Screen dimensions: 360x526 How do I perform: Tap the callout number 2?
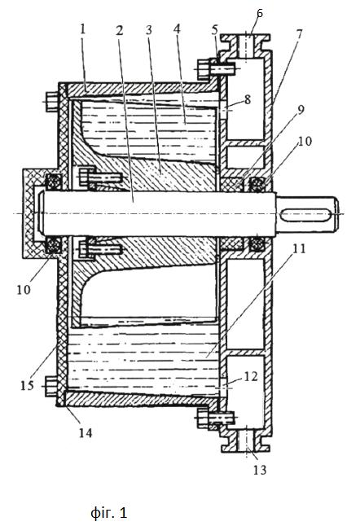pos(120,30)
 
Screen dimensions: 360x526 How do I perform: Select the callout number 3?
pos(149,30)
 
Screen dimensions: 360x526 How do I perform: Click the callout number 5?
pos(215,30)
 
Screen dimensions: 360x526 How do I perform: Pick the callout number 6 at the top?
pos(260,13)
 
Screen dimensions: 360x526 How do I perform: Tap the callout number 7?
pos(299,34)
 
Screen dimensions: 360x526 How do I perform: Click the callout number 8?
pos(248,99)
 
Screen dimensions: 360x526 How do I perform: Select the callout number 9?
pos(301,109)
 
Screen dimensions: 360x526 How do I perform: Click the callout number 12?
pos(251,376)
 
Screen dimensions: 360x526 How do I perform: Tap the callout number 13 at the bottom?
pos(260,470)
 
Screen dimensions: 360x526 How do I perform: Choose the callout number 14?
pos(86,432)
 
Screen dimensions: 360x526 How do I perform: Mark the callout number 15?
pos(27,385)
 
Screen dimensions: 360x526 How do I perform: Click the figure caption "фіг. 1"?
pos(109,513)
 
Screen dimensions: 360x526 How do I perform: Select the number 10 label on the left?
pos(24,290)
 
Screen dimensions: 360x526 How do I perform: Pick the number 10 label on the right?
pos(305,141)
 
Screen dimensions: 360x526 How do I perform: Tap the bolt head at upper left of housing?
pos(50,102)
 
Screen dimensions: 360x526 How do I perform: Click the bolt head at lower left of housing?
pos(50,387)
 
